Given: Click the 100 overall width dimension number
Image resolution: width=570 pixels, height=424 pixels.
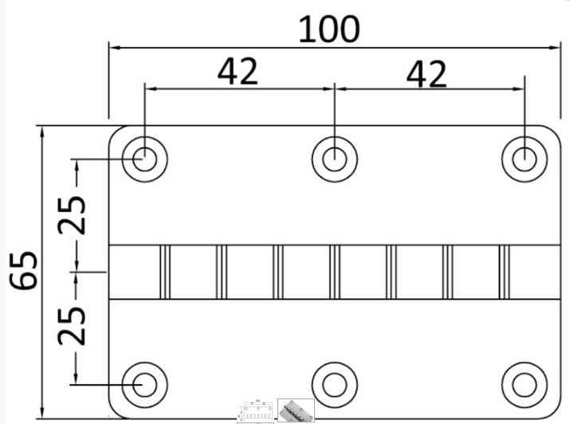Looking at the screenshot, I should coord(329,29).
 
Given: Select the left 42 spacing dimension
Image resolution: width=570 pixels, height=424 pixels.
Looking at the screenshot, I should coord(238,72).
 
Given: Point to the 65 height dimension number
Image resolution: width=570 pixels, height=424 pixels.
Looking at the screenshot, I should coord(24,271).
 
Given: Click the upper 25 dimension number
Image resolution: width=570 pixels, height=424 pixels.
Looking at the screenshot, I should coord(74,214).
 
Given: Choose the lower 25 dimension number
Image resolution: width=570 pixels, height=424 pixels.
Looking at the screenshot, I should coord(74,324).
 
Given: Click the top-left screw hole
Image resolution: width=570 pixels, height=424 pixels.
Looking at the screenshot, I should coord(144,158).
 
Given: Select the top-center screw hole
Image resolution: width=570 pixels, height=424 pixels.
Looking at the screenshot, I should coord(334,158).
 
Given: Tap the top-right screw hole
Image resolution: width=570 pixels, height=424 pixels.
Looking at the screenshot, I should coord(524,158).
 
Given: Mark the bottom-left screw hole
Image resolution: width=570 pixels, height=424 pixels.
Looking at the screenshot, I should coord(144,384).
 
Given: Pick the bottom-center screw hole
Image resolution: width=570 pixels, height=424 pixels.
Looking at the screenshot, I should coord(334,384).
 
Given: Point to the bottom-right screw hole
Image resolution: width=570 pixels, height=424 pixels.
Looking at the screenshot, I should coord(524,384).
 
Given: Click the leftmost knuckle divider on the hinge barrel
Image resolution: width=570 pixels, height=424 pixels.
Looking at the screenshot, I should coord(165,272).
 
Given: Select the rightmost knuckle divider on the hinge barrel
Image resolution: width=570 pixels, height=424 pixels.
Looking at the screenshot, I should coord(504,272).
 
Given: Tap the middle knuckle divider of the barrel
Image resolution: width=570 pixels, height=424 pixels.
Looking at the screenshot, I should coord(334,272).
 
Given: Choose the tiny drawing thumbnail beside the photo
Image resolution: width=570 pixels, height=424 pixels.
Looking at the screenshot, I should coord(256,411).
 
